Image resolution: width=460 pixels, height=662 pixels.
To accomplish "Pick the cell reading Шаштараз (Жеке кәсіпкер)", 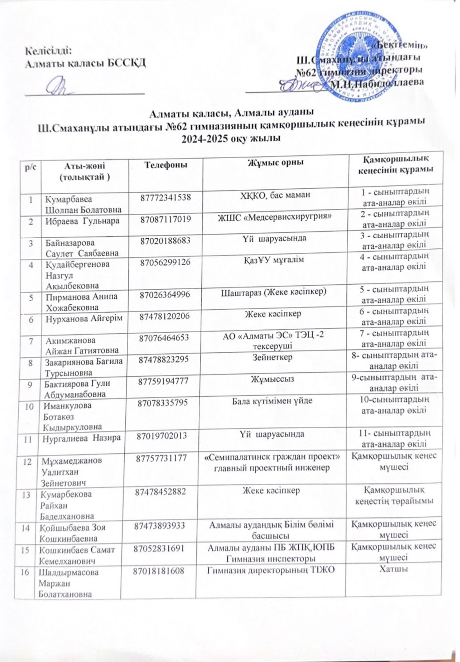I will pyautogui.click(x=274, y=291).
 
